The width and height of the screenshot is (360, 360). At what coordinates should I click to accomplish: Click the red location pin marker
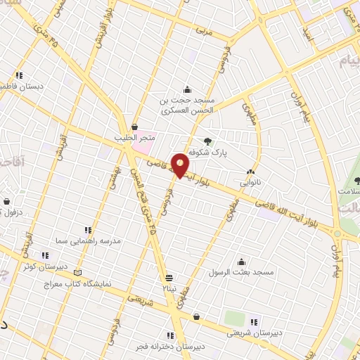181,165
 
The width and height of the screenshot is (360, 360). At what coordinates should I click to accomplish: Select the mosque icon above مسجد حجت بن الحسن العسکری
187,90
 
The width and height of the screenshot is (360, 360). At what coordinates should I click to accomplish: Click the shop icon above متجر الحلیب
134,127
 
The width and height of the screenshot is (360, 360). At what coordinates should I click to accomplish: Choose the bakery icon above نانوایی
250,172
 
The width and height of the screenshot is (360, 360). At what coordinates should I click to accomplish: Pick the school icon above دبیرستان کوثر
45,255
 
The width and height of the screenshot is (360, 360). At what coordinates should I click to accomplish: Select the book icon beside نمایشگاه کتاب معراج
77,273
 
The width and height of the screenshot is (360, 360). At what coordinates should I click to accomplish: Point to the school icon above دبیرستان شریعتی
254,322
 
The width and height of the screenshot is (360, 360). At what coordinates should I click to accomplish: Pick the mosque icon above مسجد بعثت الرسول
242,261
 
